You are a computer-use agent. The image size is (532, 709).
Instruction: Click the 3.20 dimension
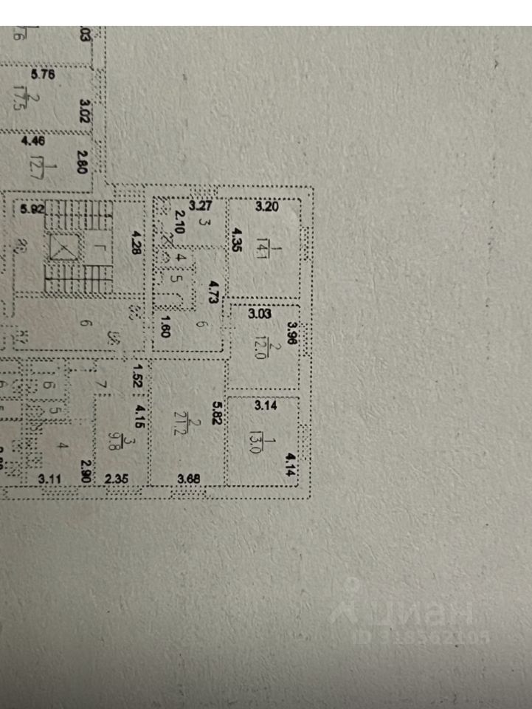tap(266, 207)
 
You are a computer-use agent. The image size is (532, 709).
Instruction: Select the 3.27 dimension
tap(201, 207)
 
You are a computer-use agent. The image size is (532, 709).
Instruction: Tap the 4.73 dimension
tap(214, 293)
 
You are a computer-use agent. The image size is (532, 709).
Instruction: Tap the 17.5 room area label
tap(33, 102)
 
